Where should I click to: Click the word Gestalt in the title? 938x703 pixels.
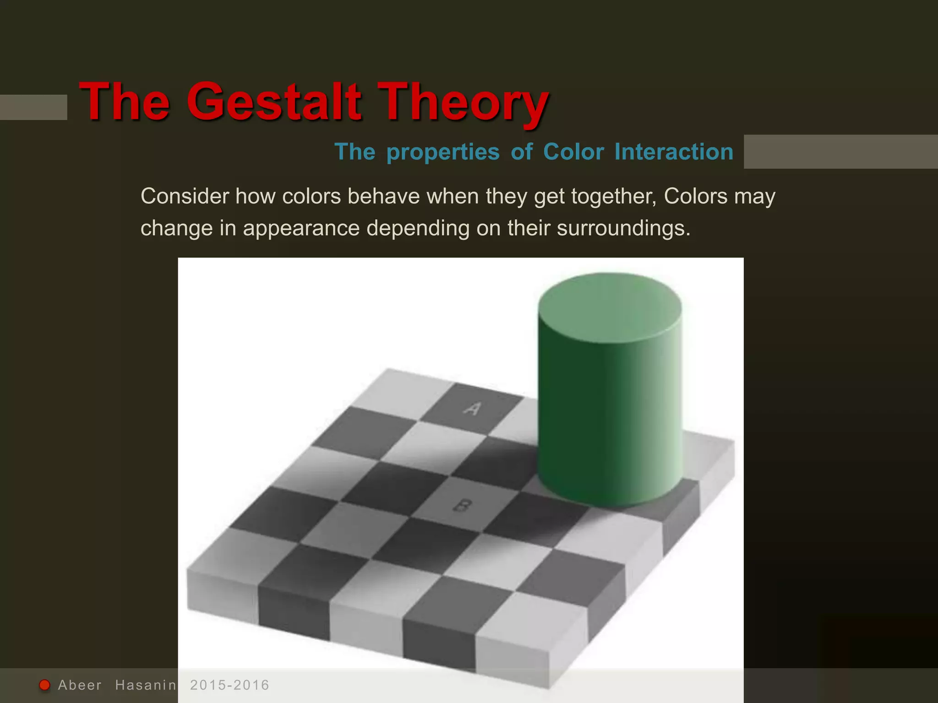click(x=274, y=102)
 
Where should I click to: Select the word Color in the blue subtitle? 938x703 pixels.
click(x=573, y=152)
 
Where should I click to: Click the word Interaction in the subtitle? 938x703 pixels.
click(x=674, y=152)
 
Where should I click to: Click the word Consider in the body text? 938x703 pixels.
click(x=185, y=196)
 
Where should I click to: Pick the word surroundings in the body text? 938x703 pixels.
click(x=623, y=228)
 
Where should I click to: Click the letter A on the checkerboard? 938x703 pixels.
click(x=472, y=407)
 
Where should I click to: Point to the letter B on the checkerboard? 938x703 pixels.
click(x=462, y=506)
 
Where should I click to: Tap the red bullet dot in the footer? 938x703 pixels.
click(x=44, y=685)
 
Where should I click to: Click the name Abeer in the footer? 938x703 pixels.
click(x=80, y=685)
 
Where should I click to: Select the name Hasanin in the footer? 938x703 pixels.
click(x=146, y=685)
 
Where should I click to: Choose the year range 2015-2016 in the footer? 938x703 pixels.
click(x=229, y=685)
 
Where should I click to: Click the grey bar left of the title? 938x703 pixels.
click(x=33, y=107)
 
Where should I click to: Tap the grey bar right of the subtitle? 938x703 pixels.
click(x=840, y=151)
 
